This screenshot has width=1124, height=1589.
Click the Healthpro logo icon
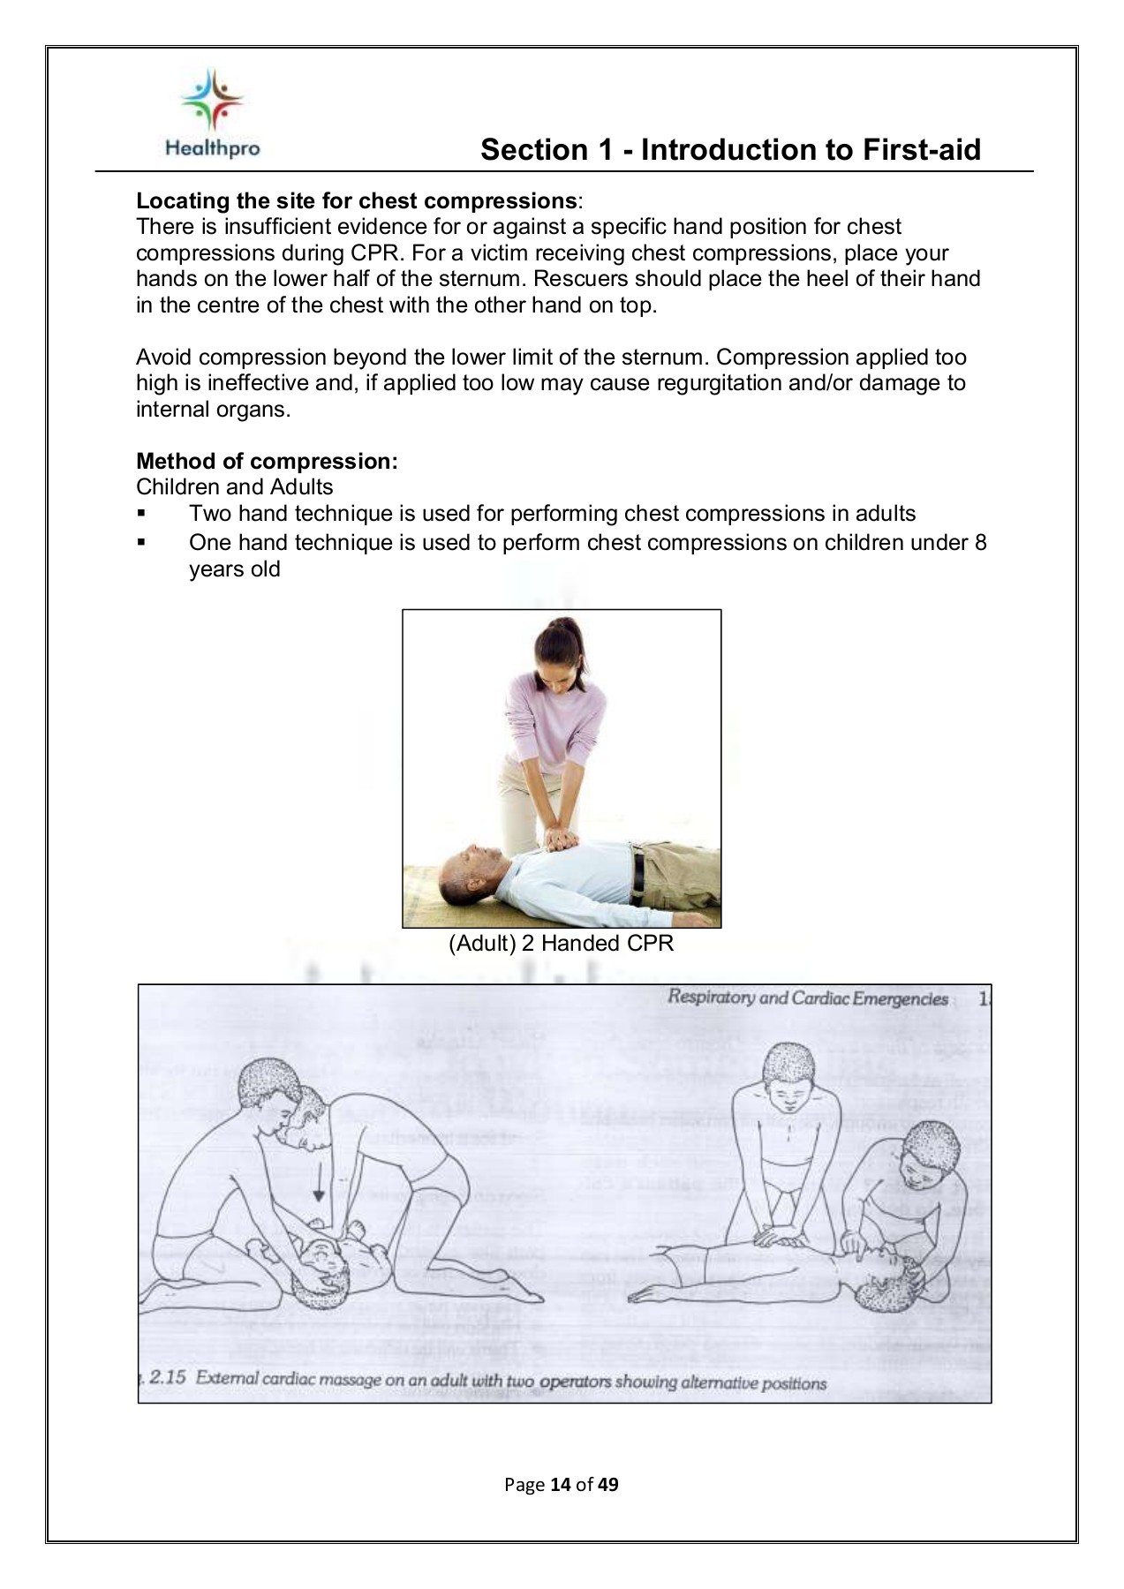coord(212,100)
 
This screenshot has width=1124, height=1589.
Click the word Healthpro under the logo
coord(212,148)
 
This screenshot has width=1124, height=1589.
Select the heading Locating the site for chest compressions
coord(356,201)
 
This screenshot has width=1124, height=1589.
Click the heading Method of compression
coord(267,461)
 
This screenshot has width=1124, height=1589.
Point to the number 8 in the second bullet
coord(980,542)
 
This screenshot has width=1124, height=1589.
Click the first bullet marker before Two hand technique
coord(141,514)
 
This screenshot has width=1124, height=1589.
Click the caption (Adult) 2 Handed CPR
coord(561,943)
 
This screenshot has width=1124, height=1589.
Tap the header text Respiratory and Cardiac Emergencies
coord(807,998)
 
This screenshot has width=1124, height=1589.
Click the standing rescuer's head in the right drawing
coord(788,1072)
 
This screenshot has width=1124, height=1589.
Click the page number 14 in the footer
coord(560,1484)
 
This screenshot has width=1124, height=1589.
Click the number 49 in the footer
coord(607,1484)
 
